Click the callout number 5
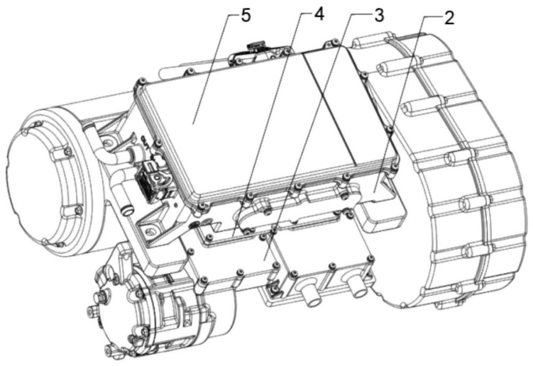(x=246, y=17)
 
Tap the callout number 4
(x=318, y=15)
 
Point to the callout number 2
(x=449, y=18)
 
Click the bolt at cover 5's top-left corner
(x=141, y=81)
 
